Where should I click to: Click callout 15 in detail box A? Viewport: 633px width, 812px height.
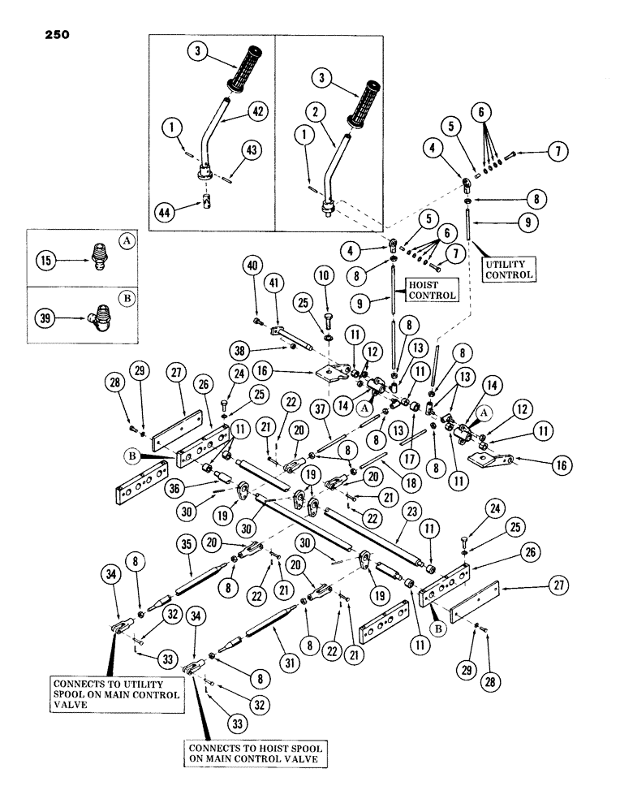point(45,264)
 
